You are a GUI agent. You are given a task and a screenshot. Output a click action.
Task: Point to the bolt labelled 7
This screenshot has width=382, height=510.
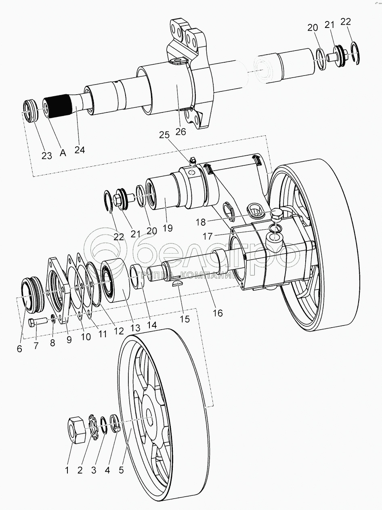click(38, 323)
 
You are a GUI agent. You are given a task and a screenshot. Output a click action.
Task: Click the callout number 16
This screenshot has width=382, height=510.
click(217, 313)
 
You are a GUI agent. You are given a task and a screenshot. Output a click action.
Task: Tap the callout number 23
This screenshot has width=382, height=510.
click(47, 155)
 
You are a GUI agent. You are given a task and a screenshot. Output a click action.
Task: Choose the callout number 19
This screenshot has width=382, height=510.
click(167, 228)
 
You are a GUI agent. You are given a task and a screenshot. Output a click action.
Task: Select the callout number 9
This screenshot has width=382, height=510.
click(69, 340)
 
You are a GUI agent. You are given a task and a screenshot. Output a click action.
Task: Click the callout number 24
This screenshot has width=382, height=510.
click(80, 150)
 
